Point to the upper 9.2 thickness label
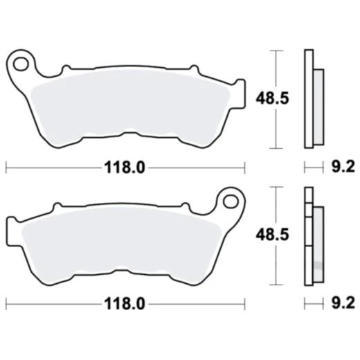(343, 167)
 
